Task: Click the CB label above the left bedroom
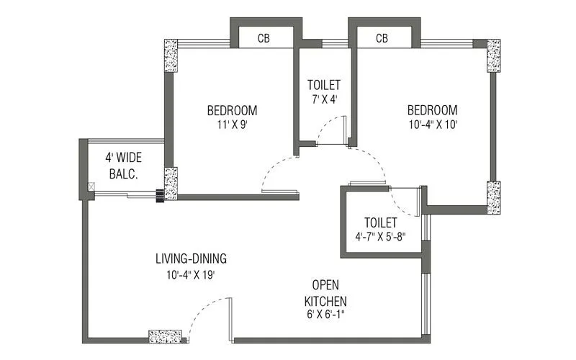[264, 38]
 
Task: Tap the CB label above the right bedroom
[382, 38]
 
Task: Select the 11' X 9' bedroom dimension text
[232, 124]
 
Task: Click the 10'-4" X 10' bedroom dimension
[432, 124]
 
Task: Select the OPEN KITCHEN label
[325, 292]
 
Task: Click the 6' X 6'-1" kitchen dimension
[325, 314]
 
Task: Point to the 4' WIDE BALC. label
[123, 165]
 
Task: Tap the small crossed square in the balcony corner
[90, 187]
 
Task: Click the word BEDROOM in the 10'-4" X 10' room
[432, 110]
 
